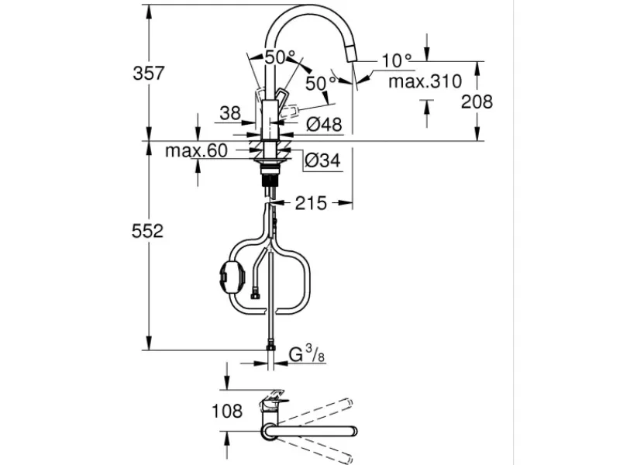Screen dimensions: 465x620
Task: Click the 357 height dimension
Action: click(149, 74)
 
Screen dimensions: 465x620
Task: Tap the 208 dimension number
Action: click(474, 101)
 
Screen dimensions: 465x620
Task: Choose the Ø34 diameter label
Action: click(320, 160)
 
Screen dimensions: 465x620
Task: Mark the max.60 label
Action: click(195, 150)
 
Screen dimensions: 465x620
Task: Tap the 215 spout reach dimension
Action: click(310, 203)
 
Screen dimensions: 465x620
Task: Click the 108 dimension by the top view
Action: click(226, 412)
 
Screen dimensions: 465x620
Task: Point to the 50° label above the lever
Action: click(280, 57)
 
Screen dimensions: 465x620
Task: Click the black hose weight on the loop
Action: click(230, 274)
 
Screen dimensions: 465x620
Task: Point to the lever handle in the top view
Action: click(274, 404)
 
